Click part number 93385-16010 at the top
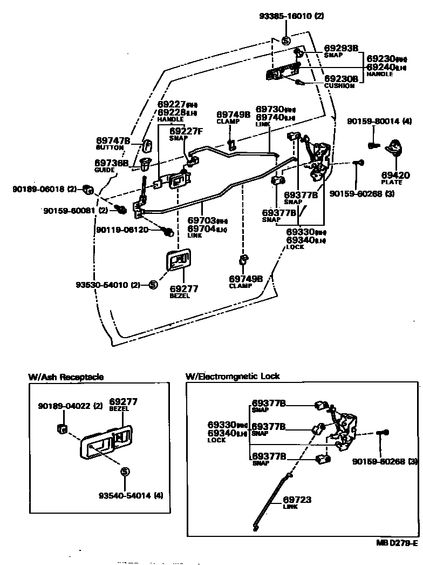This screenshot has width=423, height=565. (290, 16)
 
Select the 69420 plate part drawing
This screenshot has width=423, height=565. (396, 147)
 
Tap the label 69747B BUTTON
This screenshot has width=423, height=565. (113, 143)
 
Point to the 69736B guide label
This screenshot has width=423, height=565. (112, 165)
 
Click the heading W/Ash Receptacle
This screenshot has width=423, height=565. (66, 376)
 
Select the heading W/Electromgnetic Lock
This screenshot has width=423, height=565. (233, 376)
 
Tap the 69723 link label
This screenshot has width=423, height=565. (297, 502)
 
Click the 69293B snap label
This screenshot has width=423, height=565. (341, 51)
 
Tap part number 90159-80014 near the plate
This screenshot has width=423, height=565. (372, 122)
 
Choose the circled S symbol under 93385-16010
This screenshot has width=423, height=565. (286, 41)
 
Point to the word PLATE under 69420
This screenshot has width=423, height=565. (392, 183)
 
